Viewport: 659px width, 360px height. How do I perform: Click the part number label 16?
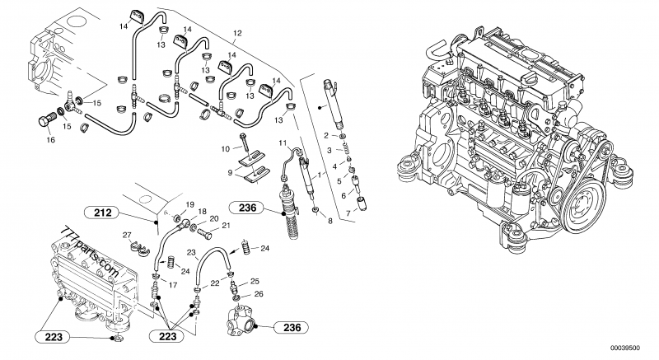[50, 140]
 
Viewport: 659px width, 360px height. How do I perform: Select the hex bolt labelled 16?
[46, 119]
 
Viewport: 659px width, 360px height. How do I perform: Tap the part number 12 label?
[237, 33]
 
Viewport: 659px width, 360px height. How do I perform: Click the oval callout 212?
[103, 213]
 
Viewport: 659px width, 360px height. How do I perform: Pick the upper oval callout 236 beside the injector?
[248, 208]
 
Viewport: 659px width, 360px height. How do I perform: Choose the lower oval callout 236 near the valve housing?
[292, 327]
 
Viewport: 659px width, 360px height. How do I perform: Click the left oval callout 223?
[54, 337]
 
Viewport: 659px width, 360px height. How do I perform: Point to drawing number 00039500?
[625, 348]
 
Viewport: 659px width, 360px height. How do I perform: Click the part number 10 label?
[226, 149]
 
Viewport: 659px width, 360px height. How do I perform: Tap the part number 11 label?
[283, 143]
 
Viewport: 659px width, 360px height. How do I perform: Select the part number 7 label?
[348, 213]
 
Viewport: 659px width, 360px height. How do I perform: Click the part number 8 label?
[330, 221]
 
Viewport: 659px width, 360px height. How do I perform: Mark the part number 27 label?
[128, 235]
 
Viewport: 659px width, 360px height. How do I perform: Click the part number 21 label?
[226, 226]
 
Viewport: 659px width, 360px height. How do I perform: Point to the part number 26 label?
[259, 294]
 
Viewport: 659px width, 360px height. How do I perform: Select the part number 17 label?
[173, 285]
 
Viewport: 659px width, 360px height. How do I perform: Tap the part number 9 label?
[231, 172]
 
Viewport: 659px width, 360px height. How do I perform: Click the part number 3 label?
[329, 151]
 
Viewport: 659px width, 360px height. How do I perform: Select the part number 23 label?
[191, 253]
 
